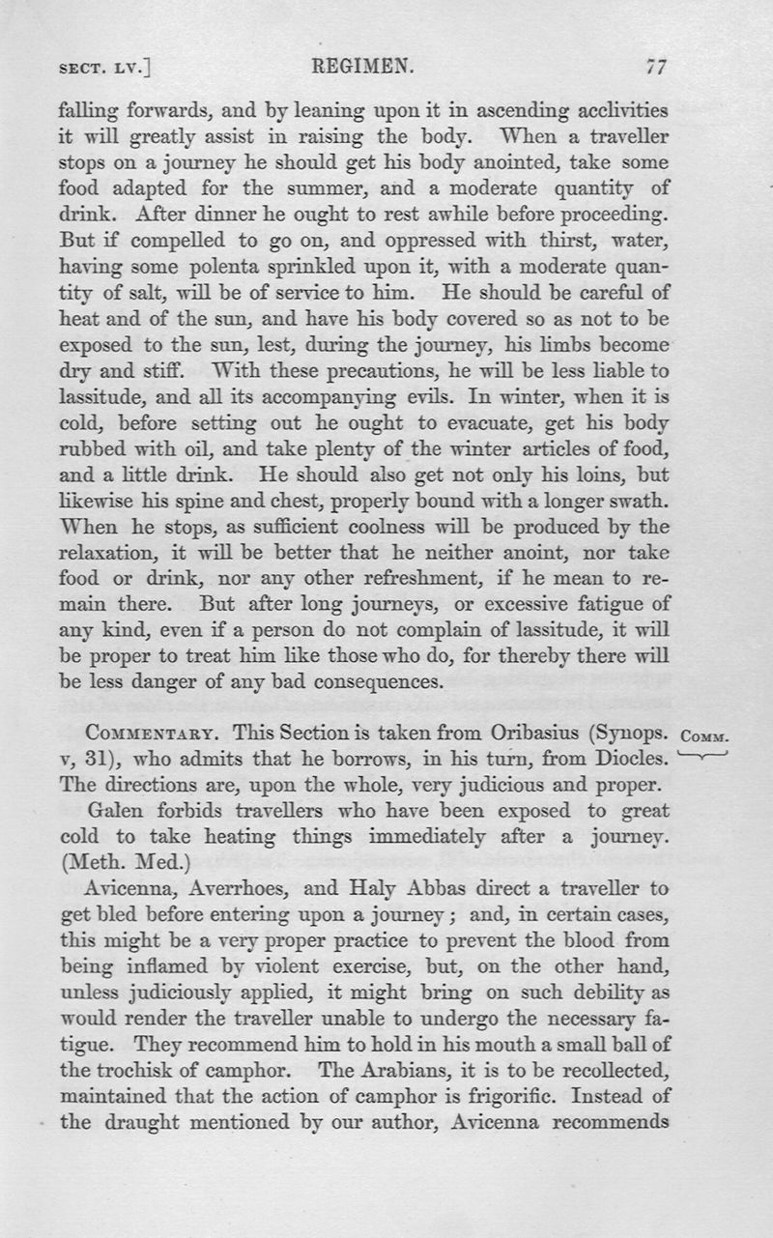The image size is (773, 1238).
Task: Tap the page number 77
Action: pyautogui.click(x=657, y=67)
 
